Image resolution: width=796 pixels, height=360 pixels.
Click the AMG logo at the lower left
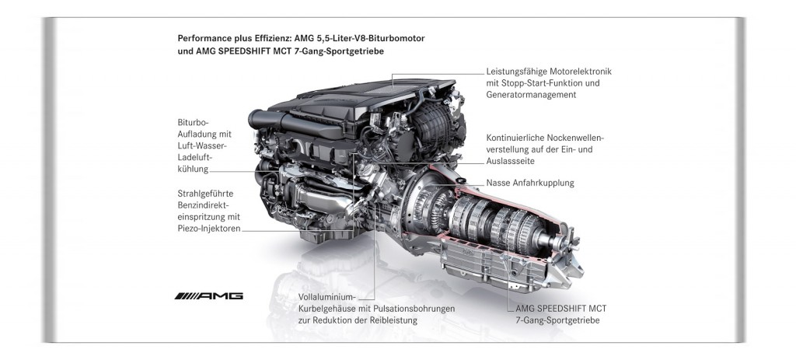(208, 296)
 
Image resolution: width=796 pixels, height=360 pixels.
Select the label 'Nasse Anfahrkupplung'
(530, 183)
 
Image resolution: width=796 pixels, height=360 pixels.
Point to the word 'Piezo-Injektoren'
(209, 229)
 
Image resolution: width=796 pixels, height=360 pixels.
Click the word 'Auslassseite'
(510, 160)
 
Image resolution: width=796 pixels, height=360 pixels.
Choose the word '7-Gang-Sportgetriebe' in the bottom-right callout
(557, 320)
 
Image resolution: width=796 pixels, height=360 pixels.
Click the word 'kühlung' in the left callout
(193, 169)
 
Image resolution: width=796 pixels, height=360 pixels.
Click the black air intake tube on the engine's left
(267, 120)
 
